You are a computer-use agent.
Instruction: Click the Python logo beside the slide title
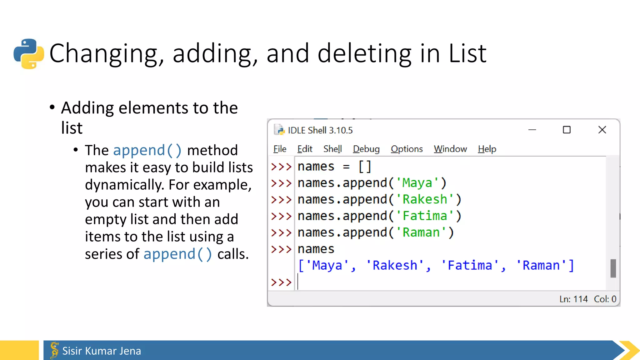coord(29,53)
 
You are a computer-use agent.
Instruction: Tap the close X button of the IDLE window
coord(602,130)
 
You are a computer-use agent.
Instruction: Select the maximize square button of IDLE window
coord(567,130)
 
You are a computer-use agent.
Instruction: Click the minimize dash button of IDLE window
coord(532,130)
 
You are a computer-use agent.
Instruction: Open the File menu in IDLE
coord(280,149)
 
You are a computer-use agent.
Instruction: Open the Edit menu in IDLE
coord(305,149)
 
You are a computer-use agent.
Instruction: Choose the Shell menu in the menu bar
coord(332,149)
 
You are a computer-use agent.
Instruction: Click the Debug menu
coord(366,149)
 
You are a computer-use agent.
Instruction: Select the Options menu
coord(407,149)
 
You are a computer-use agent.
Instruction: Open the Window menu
coord(450,149)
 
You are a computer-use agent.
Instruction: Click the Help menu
coord(487,149)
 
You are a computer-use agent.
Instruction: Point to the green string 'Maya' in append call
coord(417,183)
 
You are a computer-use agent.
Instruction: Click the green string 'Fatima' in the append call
coord(425,216)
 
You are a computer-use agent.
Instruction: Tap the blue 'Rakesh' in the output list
coord(395,265)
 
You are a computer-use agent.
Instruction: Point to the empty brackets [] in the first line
coord(365,167)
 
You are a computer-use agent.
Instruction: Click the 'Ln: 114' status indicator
coord(573,299)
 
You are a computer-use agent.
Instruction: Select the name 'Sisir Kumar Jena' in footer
coord(102,351)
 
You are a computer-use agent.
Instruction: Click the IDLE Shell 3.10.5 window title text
coord(320,130)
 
